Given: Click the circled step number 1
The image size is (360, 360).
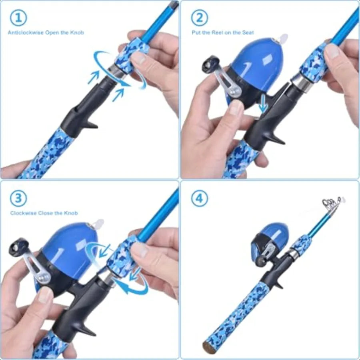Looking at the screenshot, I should [x=18, y=18].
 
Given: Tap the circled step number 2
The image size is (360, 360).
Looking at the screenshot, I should [x=199, y=18].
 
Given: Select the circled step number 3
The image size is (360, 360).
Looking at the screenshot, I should [x=18, y=198].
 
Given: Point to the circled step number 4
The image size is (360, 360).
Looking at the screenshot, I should [x=199, y=198].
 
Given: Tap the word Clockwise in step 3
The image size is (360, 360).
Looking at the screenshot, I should [x=23, y=213].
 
